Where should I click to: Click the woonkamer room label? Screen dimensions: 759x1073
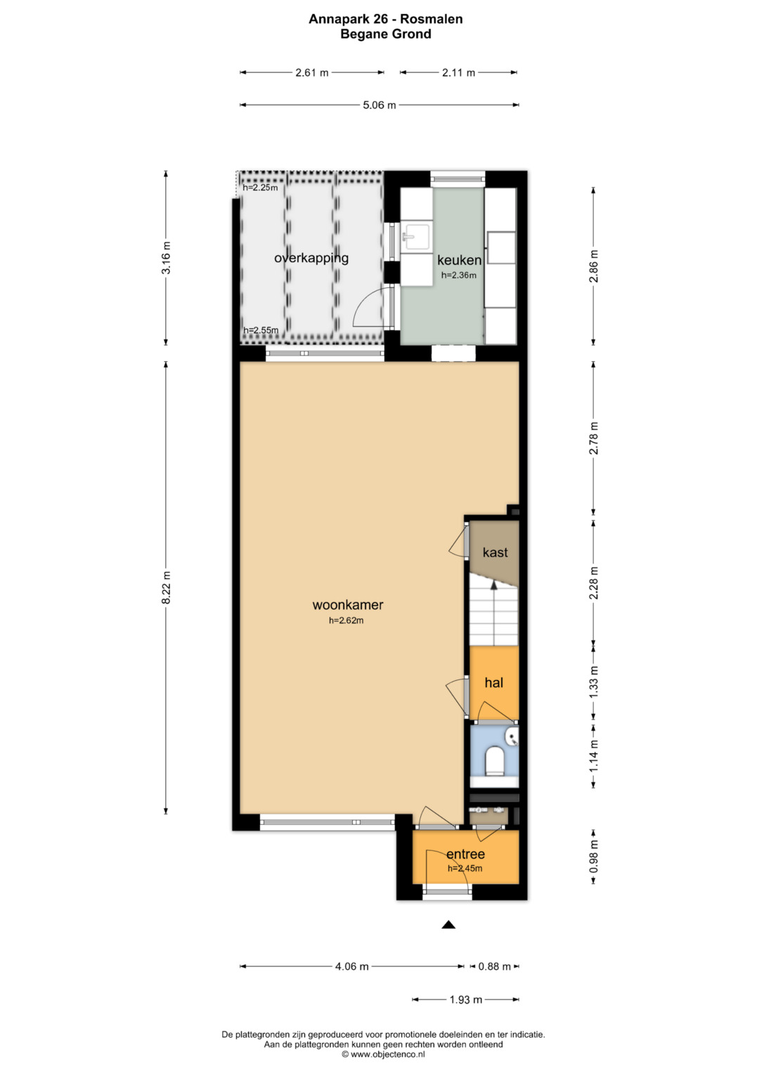click(x=347, y=604)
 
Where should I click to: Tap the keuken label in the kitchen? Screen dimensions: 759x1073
click(x=459, y=260)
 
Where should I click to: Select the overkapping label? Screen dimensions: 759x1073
click(x=311, y=258)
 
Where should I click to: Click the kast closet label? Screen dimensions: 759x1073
click(x=495, y=552)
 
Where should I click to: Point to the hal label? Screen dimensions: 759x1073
click(x=494, y=682)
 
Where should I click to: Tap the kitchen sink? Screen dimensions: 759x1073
click(x=416, y=237)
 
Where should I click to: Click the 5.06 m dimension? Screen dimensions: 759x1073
click(x=379, y=105)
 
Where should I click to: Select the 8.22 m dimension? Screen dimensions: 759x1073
click(x=166, y=587)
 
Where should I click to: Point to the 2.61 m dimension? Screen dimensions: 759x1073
click(x=312, y=72)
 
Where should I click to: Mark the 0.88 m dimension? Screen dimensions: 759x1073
click(x=495, y=966)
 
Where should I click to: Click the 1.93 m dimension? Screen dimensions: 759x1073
click(x=466, y=1000)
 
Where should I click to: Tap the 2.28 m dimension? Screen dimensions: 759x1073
click(x=594, y=583)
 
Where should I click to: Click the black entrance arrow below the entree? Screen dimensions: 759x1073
click(x=448, y=925)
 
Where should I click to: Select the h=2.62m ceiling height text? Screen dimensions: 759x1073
click(x=346, y=620)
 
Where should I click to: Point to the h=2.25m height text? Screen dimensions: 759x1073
click(x=260, y=188)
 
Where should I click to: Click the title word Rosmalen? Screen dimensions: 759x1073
click(x=432, y=19)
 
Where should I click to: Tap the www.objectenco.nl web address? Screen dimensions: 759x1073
click(x=388, y=1054)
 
